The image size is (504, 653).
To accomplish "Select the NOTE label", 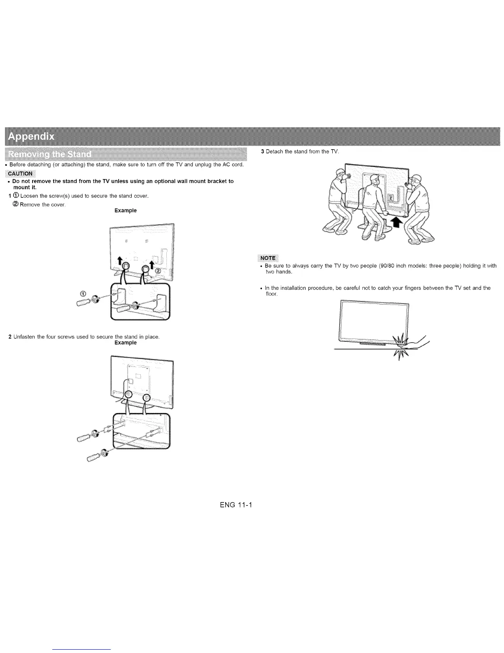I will coord(268,258).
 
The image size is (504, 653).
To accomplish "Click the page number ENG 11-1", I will coord(238,505).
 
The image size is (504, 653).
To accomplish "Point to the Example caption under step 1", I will coord(126,211).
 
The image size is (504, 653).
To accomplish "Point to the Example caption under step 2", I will coord(126,343).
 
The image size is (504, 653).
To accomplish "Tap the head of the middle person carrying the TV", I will coord(375,180).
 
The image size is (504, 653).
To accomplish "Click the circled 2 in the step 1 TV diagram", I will coord(158,270).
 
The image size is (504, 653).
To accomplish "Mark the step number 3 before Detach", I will coord(263,152).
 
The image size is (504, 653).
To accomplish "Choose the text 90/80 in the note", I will coord(380,266).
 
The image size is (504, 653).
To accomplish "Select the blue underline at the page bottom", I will coord(82,649).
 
